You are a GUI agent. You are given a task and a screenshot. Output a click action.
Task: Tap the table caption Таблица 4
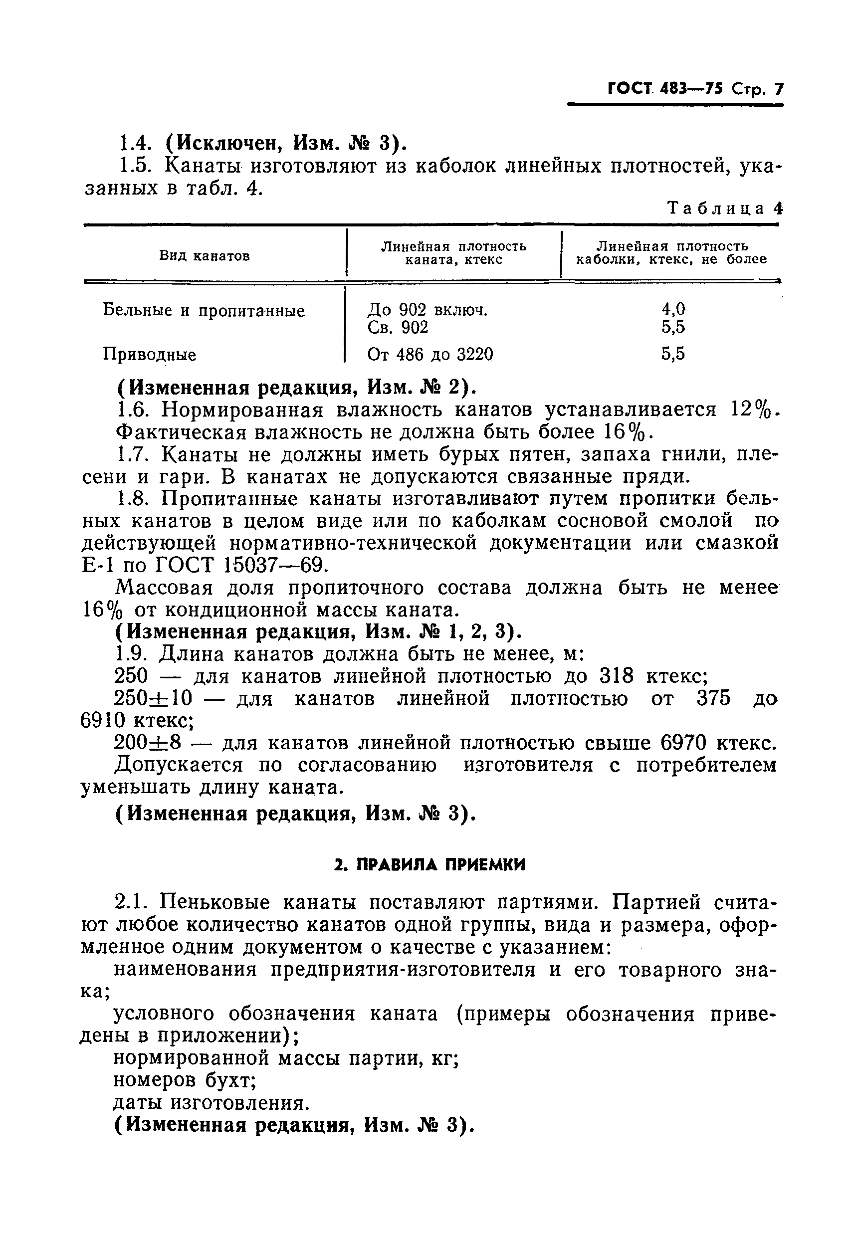[724, 208]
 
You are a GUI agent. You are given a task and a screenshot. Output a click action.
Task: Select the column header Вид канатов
[205, 256]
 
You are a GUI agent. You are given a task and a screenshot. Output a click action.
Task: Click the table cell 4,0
[672, 309]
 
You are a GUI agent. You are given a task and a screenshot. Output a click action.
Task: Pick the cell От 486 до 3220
[429, 354]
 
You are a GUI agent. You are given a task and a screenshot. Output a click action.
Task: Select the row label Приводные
[149, 355]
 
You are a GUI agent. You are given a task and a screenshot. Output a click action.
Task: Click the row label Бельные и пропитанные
[204, 310]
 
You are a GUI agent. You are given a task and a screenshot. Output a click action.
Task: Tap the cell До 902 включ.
[427, 310]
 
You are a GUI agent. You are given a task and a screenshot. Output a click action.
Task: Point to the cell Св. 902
[398, 327]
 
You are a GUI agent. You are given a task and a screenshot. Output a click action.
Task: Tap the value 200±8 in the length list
[148, 743]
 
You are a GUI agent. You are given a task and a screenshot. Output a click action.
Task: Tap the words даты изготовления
[212, 1103]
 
